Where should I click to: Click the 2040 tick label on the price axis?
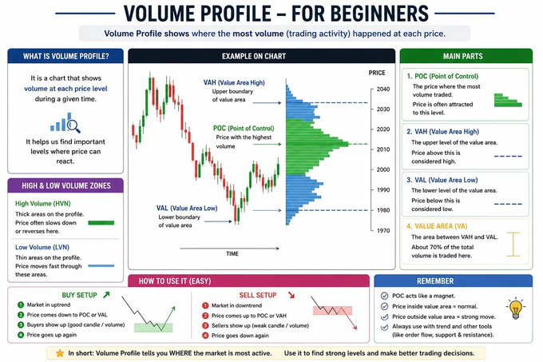[x=383, y=89]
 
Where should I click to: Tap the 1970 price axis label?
[x=383, y=230]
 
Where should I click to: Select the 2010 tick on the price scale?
[x=383, y=149]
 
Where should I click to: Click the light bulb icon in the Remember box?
[x=516, y=308]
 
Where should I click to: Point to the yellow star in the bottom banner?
[x=60, y=353]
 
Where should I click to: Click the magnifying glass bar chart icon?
[x=65, y=122]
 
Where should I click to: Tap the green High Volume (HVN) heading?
[x=42, y=203]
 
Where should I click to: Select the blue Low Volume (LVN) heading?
[x=42, y=247]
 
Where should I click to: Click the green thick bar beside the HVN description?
[x=101, y=223]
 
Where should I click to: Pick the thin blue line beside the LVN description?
[x=101, y=266]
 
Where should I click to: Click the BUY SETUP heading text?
[x=79, y=295]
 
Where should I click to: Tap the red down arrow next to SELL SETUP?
[x=291, y=295]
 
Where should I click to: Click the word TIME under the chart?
[x=232, y=253]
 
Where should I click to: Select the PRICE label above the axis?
[x=377, y=73]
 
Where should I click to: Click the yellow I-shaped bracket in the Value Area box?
[x=513, y=245]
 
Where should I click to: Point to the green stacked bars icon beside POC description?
[x=508, y=100]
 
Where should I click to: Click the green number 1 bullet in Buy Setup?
[x=21, y=304]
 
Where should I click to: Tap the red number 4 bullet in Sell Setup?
[x=205, y=336]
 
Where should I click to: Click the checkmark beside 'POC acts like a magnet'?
[x=384, y=296]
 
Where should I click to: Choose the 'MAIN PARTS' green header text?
[x=463, y=56]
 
